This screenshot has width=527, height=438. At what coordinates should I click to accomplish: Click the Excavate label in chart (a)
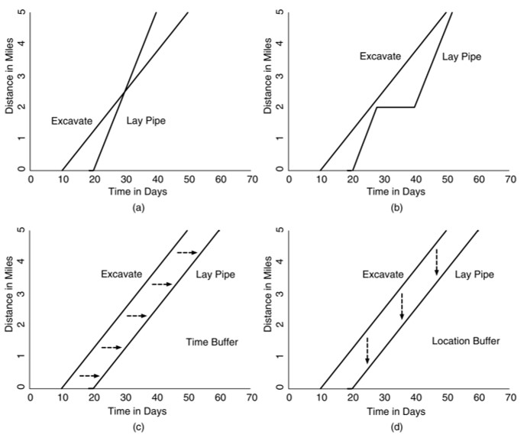(x=72, y=121)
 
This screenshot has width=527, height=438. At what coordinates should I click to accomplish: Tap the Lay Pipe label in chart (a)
(x=145, y=121)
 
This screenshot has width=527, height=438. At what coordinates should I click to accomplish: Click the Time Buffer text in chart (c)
(x=212, y=342)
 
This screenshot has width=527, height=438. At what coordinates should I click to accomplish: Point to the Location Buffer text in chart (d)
(x=465, y=341)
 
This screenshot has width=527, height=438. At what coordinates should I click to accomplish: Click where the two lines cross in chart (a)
(x=124, y=91)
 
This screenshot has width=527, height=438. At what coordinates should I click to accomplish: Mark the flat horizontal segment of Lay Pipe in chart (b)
(x=395, y=107)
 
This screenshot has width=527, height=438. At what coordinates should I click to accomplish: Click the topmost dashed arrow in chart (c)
(x=187, y=252)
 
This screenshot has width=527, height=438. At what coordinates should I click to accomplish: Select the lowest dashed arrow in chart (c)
(x=89, y=375)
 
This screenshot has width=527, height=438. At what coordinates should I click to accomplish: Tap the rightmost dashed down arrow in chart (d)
(x=436, y=261)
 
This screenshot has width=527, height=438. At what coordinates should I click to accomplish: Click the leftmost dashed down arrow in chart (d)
(x=367, y=350)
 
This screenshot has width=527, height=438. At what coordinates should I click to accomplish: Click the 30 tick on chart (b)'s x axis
(x=383, y=180)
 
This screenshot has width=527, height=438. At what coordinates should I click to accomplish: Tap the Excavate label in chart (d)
(x=382, y=274)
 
